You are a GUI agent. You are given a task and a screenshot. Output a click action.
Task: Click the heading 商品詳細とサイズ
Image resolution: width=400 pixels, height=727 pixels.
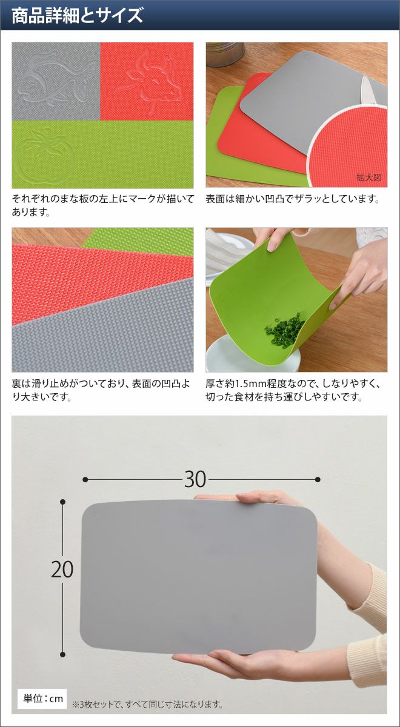click(x=78, y=16)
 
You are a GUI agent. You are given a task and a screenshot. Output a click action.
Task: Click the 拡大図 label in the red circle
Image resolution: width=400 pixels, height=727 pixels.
click(x=369, y=178)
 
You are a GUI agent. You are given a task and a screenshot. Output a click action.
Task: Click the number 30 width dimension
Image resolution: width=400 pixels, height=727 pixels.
click(x=195, y=479)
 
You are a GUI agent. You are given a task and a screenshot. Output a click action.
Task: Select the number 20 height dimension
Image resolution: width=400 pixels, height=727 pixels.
click(x=62, y=569)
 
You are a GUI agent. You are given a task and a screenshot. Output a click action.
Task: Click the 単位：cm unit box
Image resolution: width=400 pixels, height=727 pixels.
click(x=42, y=699)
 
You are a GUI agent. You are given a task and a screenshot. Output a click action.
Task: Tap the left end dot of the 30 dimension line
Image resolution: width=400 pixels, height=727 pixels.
click(x=85, y=479)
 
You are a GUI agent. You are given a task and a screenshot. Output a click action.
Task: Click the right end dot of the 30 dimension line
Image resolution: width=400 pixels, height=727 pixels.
click(x=318, y=479)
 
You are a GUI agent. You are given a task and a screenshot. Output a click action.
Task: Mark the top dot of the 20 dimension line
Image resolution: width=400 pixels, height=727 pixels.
click(x=63, y=502)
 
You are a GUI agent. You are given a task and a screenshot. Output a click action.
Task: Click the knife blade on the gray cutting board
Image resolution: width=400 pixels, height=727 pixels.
click(x=370, y=88)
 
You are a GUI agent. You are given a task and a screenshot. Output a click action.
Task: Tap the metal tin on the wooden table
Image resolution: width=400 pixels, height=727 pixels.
click(x=225, y=54)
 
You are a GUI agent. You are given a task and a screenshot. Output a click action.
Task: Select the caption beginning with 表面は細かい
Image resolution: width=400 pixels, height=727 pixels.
click(x=293, y=199)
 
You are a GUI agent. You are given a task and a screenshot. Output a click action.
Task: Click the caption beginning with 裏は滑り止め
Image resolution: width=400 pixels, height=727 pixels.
click(x=101, y=390)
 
